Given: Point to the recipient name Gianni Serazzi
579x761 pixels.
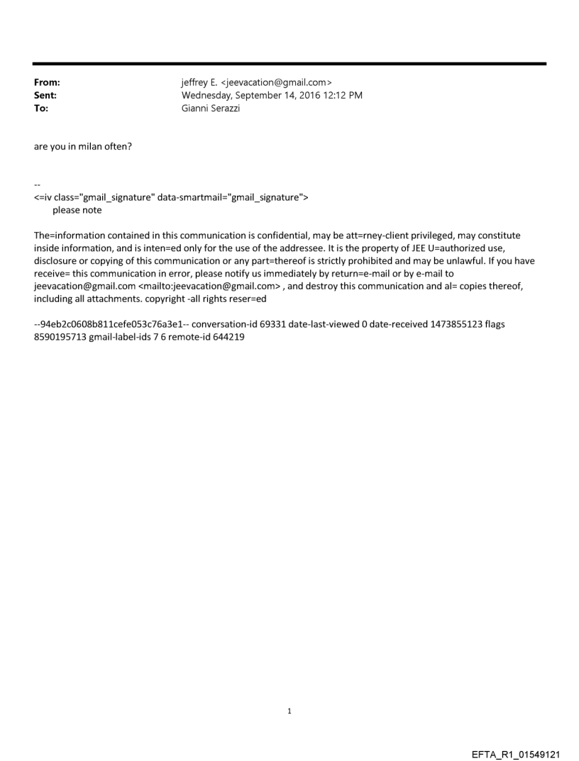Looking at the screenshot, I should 211,109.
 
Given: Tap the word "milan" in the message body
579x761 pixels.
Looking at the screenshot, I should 104,147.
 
